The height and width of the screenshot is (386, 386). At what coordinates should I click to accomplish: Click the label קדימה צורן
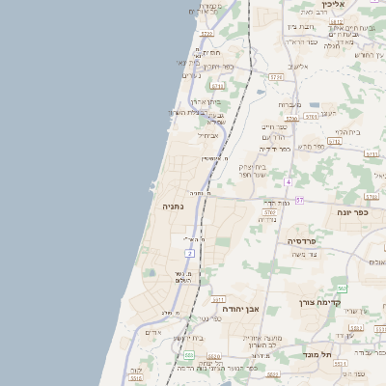click(x=319, y=301)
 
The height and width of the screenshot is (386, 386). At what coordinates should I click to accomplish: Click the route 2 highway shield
click(x=190, y=253)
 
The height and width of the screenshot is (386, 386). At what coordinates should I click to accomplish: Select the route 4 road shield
click(x=288, y=181)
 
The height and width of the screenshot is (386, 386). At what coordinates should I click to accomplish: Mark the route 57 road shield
click(x=299, y=200)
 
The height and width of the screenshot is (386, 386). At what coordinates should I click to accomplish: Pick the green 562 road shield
click(x=342, y=289)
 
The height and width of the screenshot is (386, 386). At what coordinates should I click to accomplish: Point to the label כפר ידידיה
click(x=273, y=150)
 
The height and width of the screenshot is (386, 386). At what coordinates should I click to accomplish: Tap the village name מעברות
click(x=289, y=104)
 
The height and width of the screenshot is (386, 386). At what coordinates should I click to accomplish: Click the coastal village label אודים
click(x=152, y=332)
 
